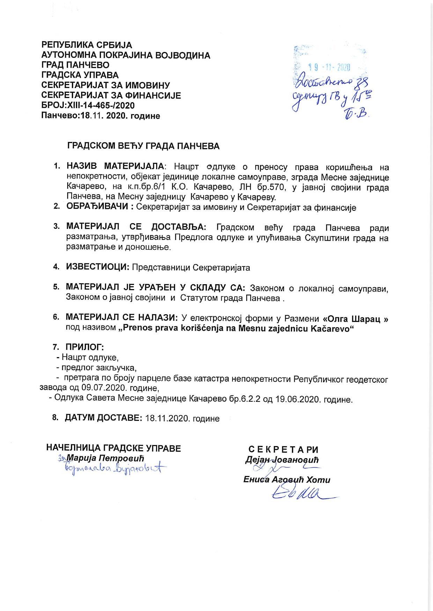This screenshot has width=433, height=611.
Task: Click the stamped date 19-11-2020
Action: click(329, 68)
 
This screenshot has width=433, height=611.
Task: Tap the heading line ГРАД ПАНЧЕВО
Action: click(75, 65)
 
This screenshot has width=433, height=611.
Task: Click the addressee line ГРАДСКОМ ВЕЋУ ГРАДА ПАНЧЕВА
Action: click(143, 146)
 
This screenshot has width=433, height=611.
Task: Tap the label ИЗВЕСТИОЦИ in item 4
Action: click(98, 267)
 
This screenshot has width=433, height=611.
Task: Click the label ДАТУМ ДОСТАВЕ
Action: click(103, 418)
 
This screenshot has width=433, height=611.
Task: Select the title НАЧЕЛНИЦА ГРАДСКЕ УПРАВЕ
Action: click(113, 448)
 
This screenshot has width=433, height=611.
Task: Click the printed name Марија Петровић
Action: click(105, 458)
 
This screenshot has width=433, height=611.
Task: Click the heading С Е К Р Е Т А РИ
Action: click(283, 450)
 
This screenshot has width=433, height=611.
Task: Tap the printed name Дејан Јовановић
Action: click(282, 460)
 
